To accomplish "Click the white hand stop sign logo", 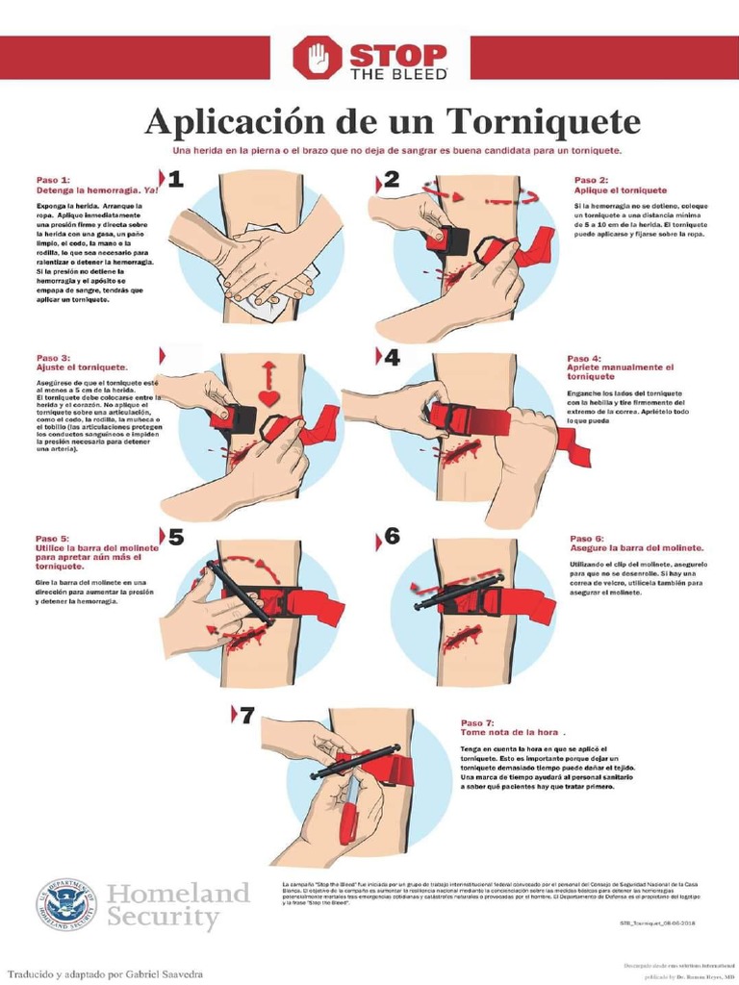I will click(318, 59).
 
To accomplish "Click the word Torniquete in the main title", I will click(543, 122).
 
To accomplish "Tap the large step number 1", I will click(175, 179).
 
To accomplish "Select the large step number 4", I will click(392, 358).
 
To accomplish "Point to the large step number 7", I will click(246, 715).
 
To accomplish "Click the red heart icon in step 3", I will click(268, 397).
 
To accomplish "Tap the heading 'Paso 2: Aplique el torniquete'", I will click(620, 186).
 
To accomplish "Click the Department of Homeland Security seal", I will click(67, 905).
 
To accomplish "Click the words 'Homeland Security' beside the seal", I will click(177, 905).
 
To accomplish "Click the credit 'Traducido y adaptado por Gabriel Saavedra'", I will click(104, 973).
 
